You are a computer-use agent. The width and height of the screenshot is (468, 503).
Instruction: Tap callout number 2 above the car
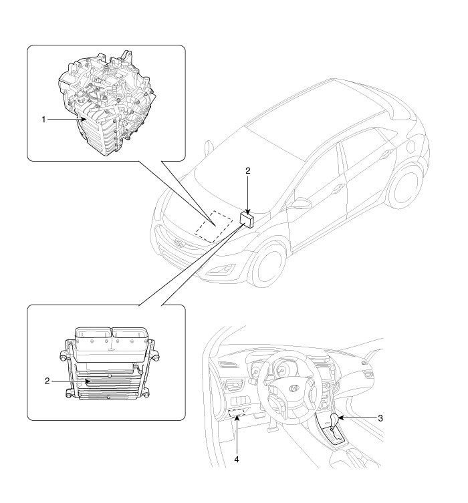click(247, 171)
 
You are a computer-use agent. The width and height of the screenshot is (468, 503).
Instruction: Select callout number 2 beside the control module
click(46, 381)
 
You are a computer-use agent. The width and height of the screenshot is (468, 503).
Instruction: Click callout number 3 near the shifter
click(380, 418)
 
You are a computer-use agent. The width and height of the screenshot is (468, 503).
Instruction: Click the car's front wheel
click(268, 259)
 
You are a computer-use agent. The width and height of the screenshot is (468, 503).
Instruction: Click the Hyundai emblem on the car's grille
click(179, 242)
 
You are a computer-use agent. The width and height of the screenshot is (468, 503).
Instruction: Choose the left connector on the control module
click(93, 341)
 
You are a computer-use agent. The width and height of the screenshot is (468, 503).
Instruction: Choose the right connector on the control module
click(128, 341)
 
